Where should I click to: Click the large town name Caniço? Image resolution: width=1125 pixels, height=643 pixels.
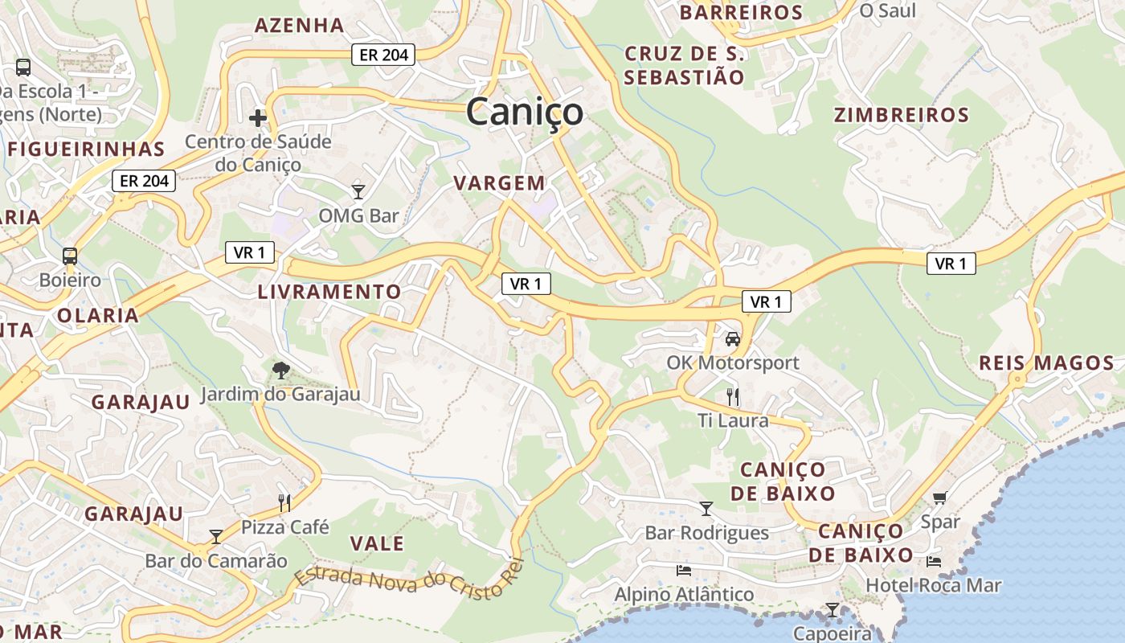pyautogui.click(x=525, y=112)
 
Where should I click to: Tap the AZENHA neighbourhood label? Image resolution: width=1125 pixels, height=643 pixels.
pyautogui.click(x=300, y=25)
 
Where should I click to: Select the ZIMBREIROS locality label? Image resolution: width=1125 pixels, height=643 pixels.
pyautogui.click(x=902, y=115)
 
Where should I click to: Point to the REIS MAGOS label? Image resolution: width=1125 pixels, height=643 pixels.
pyautogui.click(x=1046, y=363)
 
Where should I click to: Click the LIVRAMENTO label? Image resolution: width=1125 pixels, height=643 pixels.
pyautogui.click(x=329, y=292)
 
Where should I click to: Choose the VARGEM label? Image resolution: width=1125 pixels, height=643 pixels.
pyautogui.click(x=500, y=183)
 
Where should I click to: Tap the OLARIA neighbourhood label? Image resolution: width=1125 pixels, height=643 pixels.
pyautogui.click(x=98, y=316)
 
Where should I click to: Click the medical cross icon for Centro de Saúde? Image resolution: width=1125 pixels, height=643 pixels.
pyautogui.click(x=257, y=119)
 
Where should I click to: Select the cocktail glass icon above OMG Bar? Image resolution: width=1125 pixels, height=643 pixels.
pyautogui.click(x=358, y=192)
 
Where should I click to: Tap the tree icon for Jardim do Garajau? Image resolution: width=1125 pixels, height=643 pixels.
pyautogui.click(x=280, y=371)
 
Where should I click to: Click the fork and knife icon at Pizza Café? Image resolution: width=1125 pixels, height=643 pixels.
pyautogui.click(x=284, y=503)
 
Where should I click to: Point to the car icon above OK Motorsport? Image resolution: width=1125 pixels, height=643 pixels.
pyautogui.click(x=733, y=339)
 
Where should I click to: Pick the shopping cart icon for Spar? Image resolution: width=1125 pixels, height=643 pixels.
pyautogui.click(x=939, y=498)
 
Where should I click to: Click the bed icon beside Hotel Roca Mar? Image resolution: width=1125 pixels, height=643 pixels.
pyautogui.click(x=933, y=561)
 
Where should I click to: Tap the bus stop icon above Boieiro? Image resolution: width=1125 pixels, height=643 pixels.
pyautogui.click(x=70, y=256)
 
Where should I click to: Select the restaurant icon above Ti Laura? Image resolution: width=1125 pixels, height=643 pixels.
pyautogui.click(x=732, y=396)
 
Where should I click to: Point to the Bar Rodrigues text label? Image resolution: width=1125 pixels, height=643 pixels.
pyautogui.click(x=706, y=533)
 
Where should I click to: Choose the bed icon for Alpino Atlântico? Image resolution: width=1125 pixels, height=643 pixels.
pyautogui.click(x=684, y=571)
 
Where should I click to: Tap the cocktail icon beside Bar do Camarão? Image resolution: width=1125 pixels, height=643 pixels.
pyautogui.click(x=215, y=536)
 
